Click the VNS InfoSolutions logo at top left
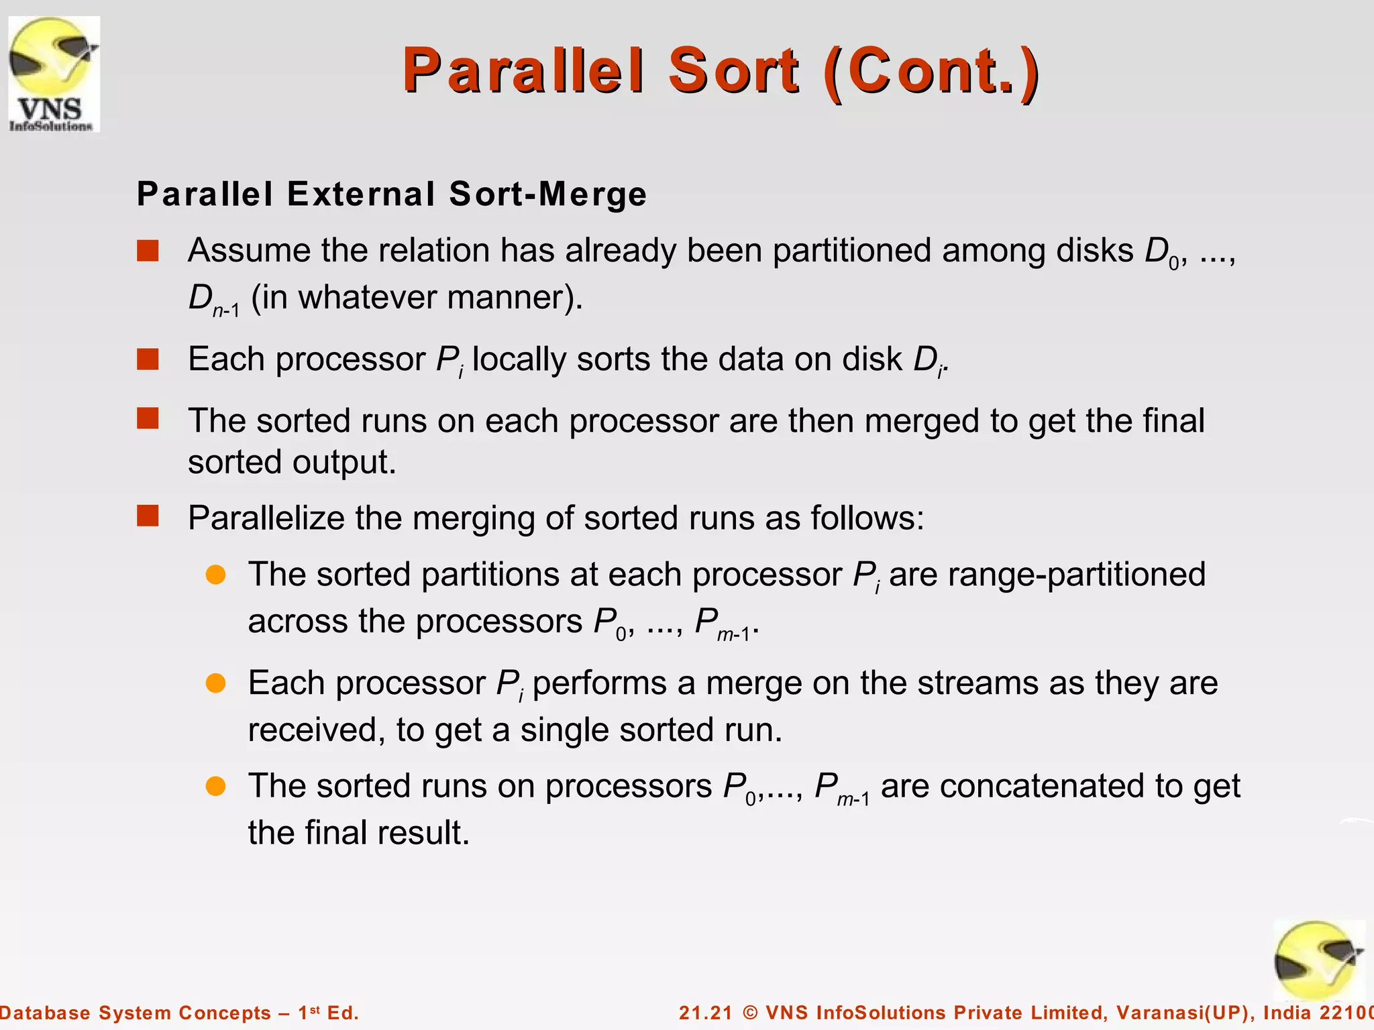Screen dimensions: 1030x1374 [54, 74]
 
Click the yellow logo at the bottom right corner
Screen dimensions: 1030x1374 [1318, 960]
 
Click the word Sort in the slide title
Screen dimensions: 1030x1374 [734, 71]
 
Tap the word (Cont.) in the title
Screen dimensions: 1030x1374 [933, 71]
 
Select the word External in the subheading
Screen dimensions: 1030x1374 [362, 194]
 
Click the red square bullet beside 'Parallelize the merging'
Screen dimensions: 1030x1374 [148, 516]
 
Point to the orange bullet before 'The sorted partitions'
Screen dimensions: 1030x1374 [215, 575]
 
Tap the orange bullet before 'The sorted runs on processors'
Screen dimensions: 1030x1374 [215, 786]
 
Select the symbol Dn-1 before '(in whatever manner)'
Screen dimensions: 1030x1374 [213, 299]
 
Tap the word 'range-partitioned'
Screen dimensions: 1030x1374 [1047, 575]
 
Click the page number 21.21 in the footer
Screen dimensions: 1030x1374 [706, 1013]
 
